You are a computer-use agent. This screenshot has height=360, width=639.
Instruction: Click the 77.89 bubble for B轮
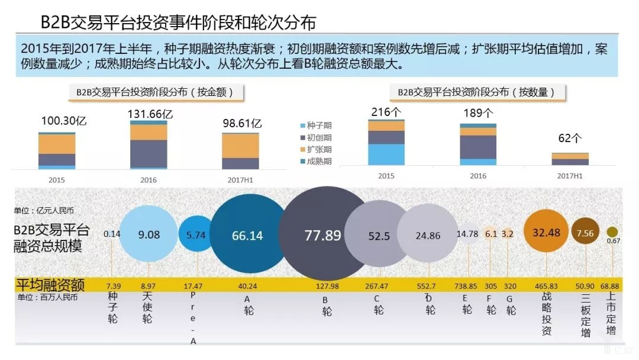tap(323, 235)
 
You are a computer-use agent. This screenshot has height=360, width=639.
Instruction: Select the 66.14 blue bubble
tap(247, 235)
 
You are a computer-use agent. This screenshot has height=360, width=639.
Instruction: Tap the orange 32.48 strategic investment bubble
tap(546, 233)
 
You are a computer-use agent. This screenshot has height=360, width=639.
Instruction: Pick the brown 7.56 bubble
tap(585, 233)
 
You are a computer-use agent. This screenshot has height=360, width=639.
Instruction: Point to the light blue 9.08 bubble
tap(149, 234)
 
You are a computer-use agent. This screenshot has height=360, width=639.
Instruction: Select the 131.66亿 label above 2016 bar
tap(151, 114)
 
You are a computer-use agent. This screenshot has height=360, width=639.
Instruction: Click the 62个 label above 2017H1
tap(570, 139)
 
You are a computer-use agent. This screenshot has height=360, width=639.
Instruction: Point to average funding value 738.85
tap(466, 286)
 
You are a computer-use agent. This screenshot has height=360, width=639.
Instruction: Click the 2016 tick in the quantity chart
tap(478, 176)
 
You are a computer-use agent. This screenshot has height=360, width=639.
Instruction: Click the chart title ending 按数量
tap(477, 92)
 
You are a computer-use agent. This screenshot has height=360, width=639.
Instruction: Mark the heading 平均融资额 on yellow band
tap(50, 285)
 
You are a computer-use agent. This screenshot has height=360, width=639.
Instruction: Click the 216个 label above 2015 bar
tap(386, 112)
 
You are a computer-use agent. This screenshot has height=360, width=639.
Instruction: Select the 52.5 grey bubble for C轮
tap(379, 236)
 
